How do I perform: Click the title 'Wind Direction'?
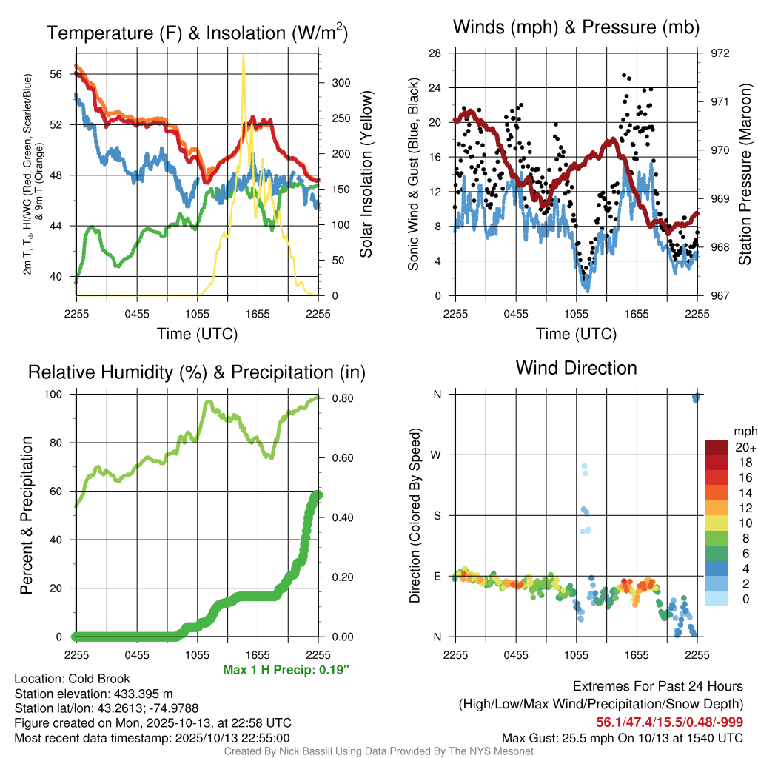click(x=576, y=368)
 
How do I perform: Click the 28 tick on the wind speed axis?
click(x=435, y=53)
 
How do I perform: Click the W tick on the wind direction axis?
click(x=436, y=455)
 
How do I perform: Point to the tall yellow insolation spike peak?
click(x=244, y=56)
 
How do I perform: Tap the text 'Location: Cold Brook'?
click(x=72, y=679)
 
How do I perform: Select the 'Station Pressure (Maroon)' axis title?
click(x=745, y=175)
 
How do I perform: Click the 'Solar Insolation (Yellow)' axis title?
click(x=366, y=175)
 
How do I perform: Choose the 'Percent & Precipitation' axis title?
click(x=27, y=516)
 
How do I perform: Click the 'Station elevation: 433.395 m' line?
click(x=93, y=694)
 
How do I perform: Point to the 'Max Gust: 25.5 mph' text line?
click(x=622, y=738)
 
